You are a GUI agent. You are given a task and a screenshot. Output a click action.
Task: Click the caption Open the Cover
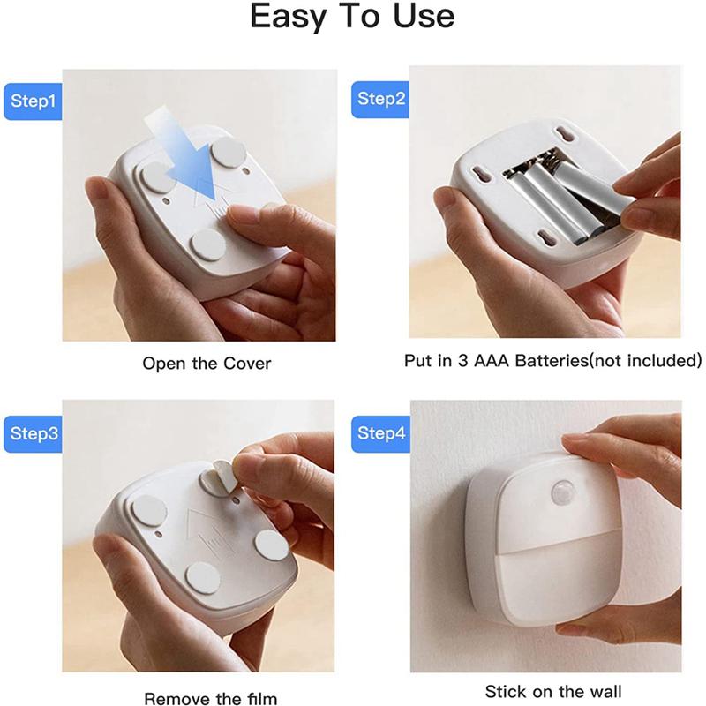(x=207, y=363)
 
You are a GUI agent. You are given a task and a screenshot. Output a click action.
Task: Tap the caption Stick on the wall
(x=547, y=692)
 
